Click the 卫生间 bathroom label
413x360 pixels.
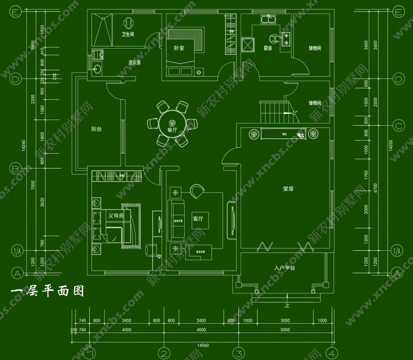coord(128,34)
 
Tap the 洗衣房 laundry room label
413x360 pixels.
coord(134,62)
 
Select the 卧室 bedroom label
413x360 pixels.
coord(179,48)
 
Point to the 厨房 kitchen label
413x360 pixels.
coord(268,48)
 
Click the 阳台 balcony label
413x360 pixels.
coord(96,129)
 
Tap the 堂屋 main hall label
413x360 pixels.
coord(288,188)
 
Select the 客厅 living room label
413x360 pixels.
coord(198,219)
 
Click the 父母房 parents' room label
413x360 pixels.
coord(115,216)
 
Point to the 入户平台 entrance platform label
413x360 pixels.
coord(285,268)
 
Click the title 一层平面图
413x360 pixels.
coord(47,291)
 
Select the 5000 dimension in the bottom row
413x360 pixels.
coord(285,330)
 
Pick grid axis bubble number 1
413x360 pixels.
coord(90,353)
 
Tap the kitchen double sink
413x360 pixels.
coord(268,20)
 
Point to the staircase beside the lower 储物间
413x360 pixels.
coord(274,112)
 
